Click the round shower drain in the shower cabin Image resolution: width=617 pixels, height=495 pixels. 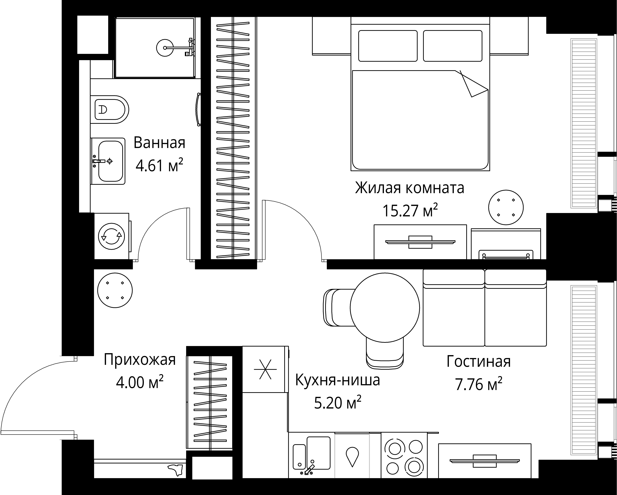(165, 48)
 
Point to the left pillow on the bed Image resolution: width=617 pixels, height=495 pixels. (388, 46)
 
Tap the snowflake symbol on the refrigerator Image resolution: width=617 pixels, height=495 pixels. (265, 369)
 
